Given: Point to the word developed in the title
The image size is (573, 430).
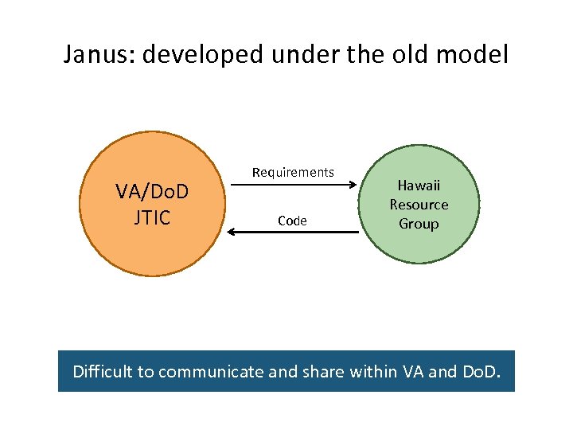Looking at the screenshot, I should [206, 56].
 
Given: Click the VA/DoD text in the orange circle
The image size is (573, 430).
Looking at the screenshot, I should [153, 192].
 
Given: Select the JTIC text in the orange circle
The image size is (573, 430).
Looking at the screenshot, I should [153, 217].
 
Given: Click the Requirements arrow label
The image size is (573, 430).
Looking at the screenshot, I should [293, 172].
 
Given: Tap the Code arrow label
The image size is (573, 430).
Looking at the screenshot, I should [292, 221].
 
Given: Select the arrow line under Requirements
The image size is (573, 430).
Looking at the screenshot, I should [290, 186].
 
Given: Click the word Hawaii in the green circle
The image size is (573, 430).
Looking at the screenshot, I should [419, 186].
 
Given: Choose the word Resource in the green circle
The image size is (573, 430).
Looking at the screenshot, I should [419, 205].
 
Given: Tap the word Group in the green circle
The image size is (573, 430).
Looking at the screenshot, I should [419, 224].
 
